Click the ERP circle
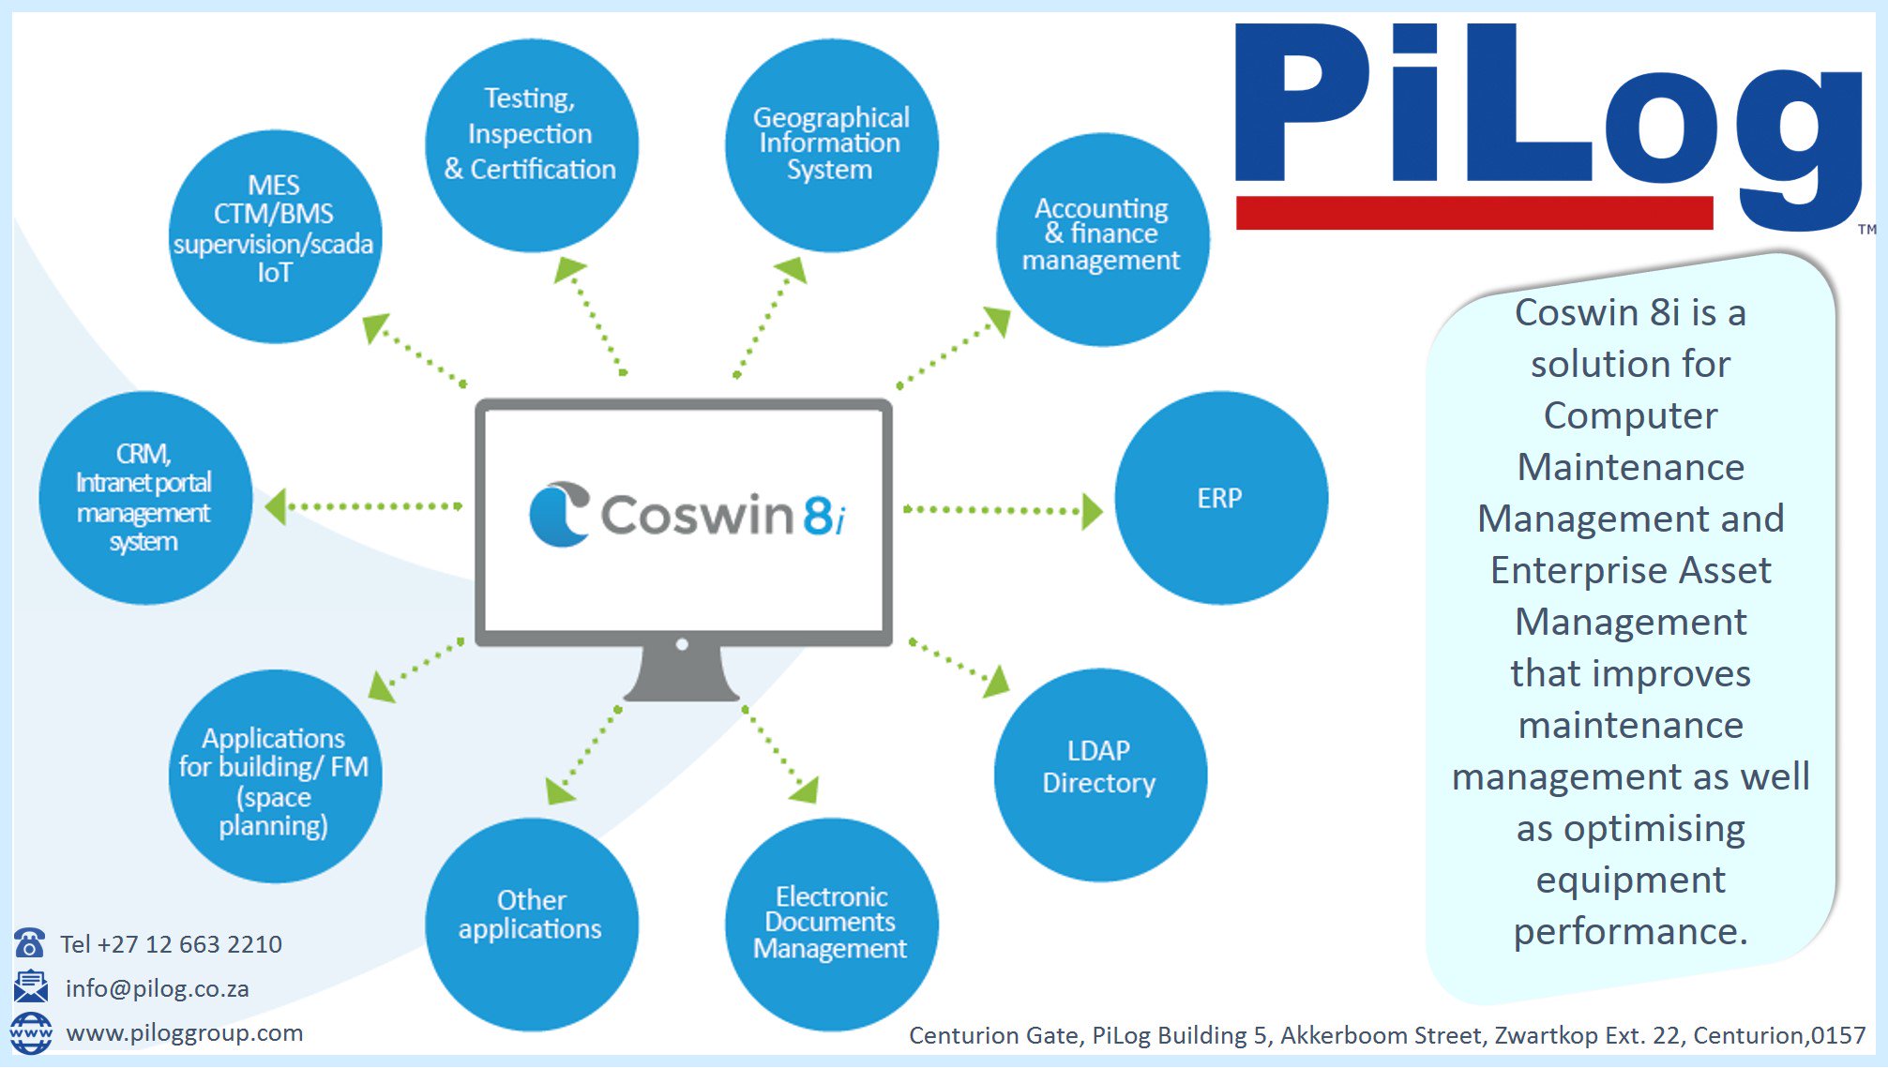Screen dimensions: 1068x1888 pyautogui.click(x=1220, y=498)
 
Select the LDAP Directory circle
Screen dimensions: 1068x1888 pyautogui.click(x=1099, y=775)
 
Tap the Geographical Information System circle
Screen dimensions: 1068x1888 pyautogui.click(x=831, y=144)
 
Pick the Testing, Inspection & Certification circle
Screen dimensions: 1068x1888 pyautogui.click(x=531, y=144)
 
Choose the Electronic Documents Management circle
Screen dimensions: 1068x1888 pyautogui.click(x=831, y=924)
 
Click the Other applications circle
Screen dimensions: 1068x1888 pyautogui.click(x=531, y=924)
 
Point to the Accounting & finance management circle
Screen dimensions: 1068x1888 pyautogui.click(x=1102, y=239)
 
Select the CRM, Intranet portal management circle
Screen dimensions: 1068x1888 pyautogui.click(x=144, y=498)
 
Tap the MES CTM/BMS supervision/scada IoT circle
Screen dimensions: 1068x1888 pyautogui.click(x=274, y=235)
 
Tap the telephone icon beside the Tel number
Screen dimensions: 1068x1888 pyautogui.click(x=30, y=942)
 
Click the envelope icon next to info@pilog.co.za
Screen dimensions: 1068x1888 pyautogui.click(x=30, y=986)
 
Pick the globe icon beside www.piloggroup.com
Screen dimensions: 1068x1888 pyautogui.click(x=30, y=1032)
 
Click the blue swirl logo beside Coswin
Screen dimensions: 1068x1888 pyautogui.click(x=559, y=513)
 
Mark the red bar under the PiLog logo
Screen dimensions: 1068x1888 pyautogui.click(x=1473, y=213)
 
